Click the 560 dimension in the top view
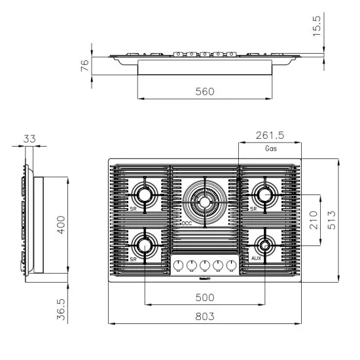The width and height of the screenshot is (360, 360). (x=204, y=92)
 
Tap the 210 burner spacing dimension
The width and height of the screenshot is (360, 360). (x=313, y=220)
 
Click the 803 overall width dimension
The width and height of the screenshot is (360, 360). (x=204, y=316)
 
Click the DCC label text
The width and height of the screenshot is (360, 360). (x=186, y=223)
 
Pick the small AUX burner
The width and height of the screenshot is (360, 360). (x=265, y=246)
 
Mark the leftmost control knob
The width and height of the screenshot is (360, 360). (x=177, y=265)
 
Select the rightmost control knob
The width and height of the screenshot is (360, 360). (x=230, y=265)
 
